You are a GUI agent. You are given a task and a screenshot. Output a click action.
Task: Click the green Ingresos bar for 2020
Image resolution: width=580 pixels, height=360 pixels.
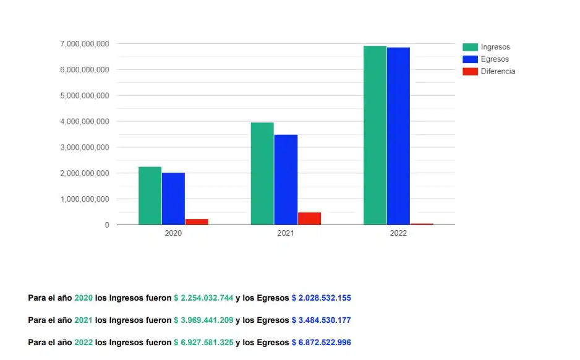(x=150, y=195)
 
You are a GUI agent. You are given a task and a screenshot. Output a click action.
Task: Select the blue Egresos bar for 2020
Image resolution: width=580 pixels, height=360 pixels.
(x=173, y=199)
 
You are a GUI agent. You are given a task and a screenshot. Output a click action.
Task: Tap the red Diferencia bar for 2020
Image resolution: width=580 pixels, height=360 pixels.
(x=197, y=221)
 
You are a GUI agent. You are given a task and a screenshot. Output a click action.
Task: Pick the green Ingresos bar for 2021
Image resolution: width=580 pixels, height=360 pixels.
(x=262, y=173)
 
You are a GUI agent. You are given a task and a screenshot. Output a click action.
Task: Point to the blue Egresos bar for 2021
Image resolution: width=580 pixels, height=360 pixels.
(x=286, y=179)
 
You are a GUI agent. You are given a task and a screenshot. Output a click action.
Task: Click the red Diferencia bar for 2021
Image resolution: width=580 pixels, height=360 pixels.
(x=309, y=218)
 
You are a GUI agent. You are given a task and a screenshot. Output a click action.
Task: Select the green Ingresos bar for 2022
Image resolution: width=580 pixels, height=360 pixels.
(x=375, y=135)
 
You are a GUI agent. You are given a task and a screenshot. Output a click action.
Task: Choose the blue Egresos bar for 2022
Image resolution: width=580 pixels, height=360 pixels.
(x=398, y=136)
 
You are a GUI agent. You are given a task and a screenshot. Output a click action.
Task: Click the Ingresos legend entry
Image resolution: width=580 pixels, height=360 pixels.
(x=495, y=47)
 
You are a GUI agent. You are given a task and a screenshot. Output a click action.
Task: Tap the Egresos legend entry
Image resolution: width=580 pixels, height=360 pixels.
(x=495, y=59)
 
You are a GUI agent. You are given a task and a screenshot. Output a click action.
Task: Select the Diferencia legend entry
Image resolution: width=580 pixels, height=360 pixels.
(x=498, y=71)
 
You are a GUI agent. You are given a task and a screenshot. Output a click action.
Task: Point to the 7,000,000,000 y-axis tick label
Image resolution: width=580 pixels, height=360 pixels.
(x=85, y=44)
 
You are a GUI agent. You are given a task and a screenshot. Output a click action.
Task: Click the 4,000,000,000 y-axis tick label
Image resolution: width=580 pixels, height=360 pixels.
(x=85, y=122)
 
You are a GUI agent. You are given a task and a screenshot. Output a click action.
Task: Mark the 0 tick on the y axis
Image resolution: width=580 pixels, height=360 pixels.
(x=107, y=225)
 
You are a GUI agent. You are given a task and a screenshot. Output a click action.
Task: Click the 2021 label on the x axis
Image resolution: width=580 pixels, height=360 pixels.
(x=286, y=234)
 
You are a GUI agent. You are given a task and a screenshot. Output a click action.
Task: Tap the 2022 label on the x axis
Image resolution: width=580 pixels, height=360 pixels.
(x=398, y=234)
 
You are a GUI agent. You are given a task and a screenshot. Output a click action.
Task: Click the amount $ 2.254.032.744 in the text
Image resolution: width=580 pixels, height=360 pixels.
(x=203, y=298)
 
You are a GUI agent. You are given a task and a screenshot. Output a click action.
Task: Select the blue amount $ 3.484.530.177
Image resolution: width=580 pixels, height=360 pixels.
(x=321, y=320)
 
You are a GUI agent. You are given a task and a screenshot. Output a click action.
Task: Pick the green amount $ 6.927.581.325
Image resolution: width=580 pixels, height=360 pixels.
(x=203, y=343)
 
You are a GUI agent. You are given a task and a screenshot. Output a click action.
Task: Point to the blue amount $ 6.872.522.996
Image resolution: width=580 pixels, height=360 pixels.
(x=321, y=343)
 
